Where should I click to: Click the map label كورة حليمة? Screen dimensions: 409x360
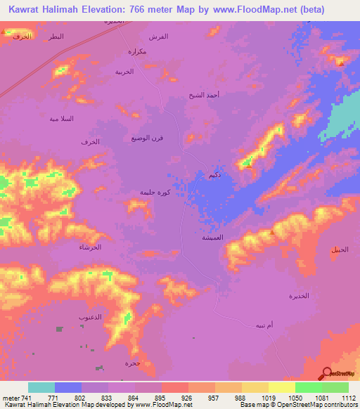pos(153,192)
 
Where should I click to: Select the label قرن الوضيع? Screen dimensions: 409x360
pos(144,138)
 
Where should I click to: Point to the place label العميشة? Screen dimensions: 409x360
pos(213,238)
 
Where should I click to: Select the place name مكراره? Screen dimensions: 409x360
pos(136,51)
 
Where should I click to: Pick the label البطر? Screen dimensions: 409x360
pos(53,36)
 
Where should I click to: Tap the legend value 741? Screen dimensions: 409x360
pos(25,397)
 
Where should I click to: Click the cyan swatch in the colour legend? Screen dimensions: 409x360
pos(41,387)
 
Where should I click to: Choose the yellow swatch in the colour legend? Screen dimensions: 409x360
pos(282,387)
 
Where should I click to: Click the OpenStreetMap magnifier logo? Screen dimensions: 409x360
pos(327,373)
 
